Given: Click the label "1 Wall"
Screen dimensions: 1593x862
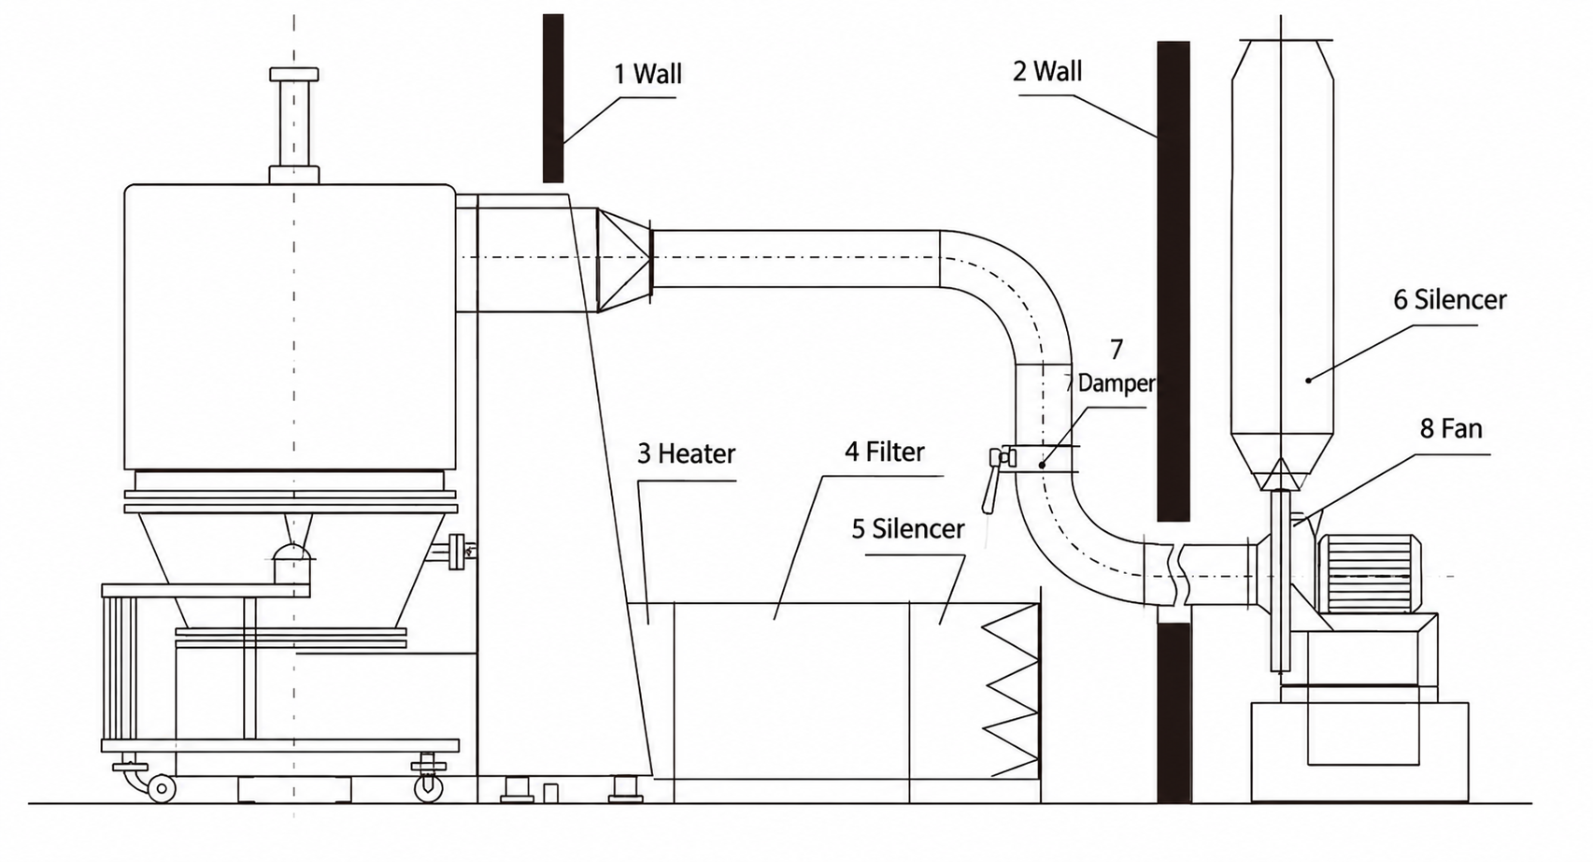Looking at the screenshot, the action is point(647,74).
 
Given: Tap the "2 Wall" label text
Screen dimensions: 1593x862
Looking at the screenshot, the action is point(1047,71).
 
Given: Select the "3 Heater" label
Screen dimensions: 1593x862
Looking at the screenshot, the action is point(687,453).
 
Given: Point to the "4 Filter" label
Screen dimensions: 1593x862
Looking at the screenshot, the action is point(885,452).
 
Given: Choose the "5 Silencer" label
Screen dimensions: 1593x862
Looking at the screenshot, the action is point(908,529).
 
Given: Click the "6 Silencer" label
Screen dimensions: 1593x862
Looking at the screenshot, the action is point(1449,300).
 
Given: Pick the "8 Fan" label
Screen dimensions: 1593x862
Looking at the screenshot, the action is point(1451,428).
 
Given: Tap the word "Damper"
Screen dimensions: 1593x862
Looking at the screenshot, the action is point(1117,383).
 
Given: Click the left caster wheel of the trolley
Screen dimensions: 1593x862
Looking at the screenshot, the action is point(162,788).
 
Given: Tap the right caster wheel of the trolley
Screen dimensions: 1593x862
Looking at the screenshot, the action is point(428,788).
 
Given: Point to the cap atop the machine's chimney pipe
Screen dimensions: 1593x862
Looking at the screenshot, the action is point(293,74).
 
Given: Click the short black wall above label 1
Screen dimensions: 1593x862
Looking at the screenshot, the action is point(553,98).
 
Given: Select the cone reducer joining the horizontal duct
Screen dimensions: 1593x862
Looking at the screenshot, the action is point(624,260).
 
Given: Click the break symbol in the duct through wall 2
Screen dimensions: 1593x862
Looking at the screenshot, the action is point(1173,574).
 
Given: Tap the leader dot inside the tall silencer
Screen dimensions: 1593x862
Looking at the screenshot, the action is point(1308,381).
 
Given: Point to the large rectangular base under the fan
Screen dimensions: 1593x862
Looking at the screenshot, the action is point(1359,753).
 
